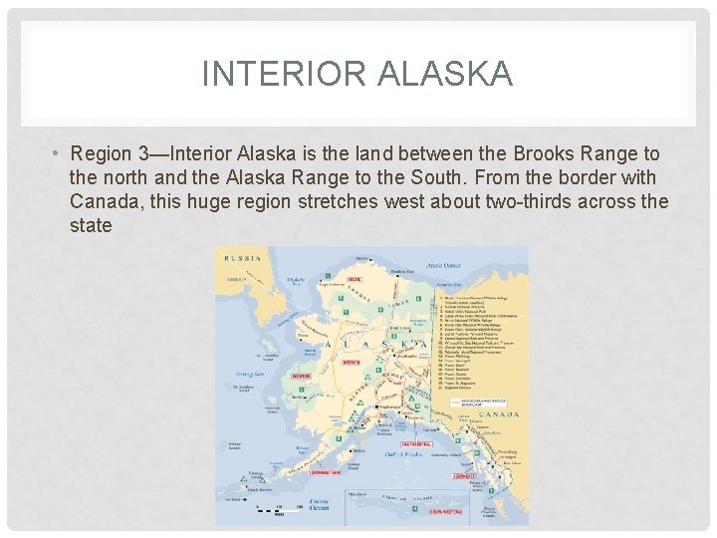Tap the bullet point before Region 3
click(60, 154)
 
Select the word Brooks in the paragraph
click(546, 154)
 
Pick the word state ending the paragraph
click(91, 226)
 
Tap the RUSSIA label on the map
click(243, 258)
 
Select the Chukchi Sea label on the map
click(294, 280)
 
